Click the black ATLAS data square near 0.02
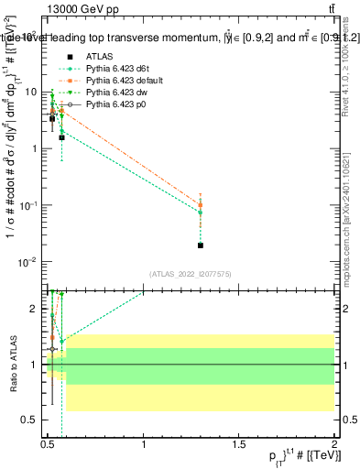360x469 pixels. point(201,245)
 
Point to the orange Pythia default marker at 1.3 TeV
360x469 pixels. point(201,204)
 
